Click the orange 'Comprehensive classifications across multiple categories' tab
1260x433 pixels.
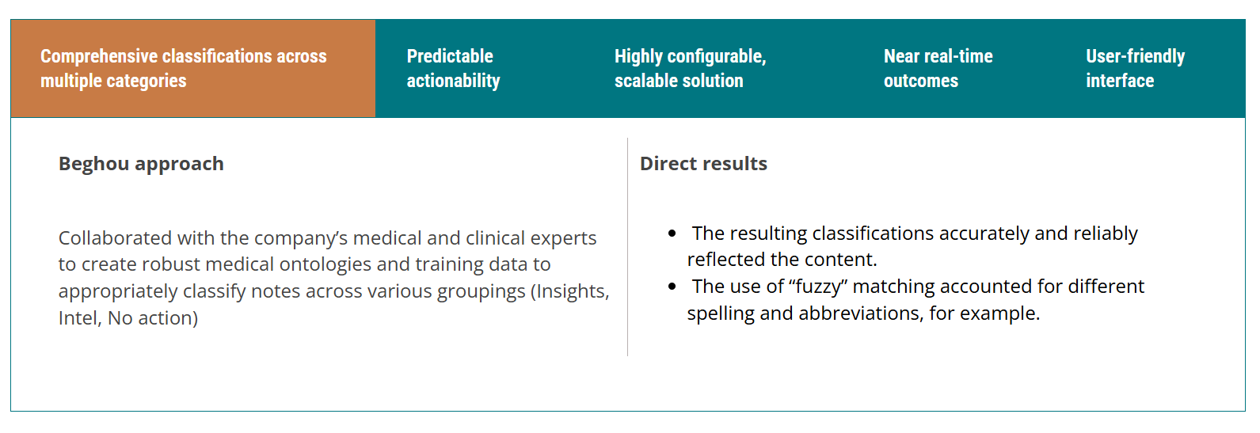pyautogui.click(x=193, y=69)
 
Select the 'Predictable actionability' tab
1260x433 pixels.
pyautogui.click(x=453, y=69)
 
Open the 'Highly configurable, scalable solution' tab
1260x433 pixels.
pyautogui.click(x=690, y=69)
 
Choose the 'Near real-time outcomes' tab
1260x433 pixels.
pyautogui.click(x=938, y=69)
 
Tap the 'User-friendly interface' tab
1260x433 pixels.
pyautogui.click(x=1135, y=69)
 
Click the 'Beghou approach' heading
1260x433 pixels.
pyautogui.click(x=141, y=164)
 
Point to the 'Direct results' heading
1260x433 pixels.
pyautogui.click(x=703, y=164)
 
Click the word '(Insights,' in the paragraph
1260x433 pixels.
pyautogui.click(x=570, y=291)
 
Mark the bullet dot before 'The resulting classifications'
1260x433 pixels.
pyautogui.click(x=672, y=234)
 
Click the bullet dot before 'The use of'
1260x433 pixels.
pyautogui.click(x=672, y=287)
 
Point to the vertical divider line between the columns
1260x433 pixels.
pyautogui.click(x=627, y=246)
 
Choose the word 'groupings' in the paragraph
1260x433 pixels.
pyautogui.click(x=481, y=291)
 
